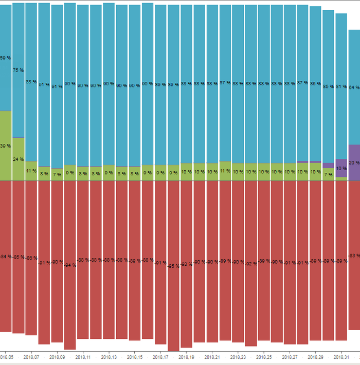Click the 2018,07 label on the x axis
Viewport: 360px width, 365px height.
31,357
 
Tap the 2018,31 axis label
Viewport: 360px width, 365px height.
341,357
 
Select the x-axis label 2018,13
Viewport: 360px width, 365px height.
109,357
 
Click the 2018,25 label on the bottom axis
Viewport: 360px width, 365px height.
264,357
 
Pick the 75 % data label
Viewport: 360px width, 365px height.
18,70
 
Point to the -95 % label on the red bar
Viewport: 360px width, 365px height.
173,266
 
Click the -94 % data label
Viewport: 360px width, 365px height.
70,265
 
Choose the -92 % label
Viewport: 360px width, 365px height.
250,264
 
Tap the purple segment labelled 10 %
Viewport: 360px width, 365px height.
341,168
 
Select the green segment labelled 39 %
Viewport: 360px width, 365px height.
5,129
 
